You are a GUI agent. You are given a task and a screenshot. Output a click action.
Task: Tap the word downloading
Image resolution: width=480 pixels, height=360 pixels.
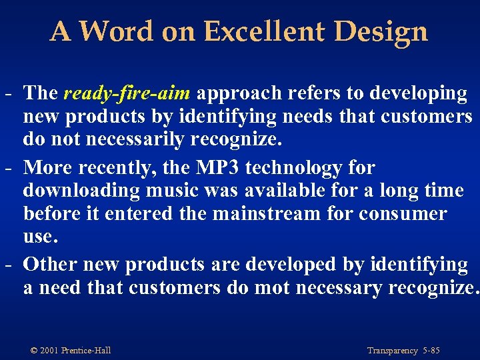(81, 190)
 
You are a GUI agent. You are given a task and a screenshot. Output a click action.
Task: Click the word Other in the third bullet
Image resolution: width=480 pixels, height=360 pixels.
(50, 264)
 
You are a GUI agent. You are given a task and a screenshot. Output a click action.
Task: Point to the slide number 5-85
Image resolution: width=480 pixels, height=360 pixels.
(431, 351)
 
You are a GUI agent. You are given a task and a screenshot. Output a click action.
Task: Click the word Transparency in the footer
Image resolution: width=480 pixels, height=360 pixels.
(392, 351)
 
